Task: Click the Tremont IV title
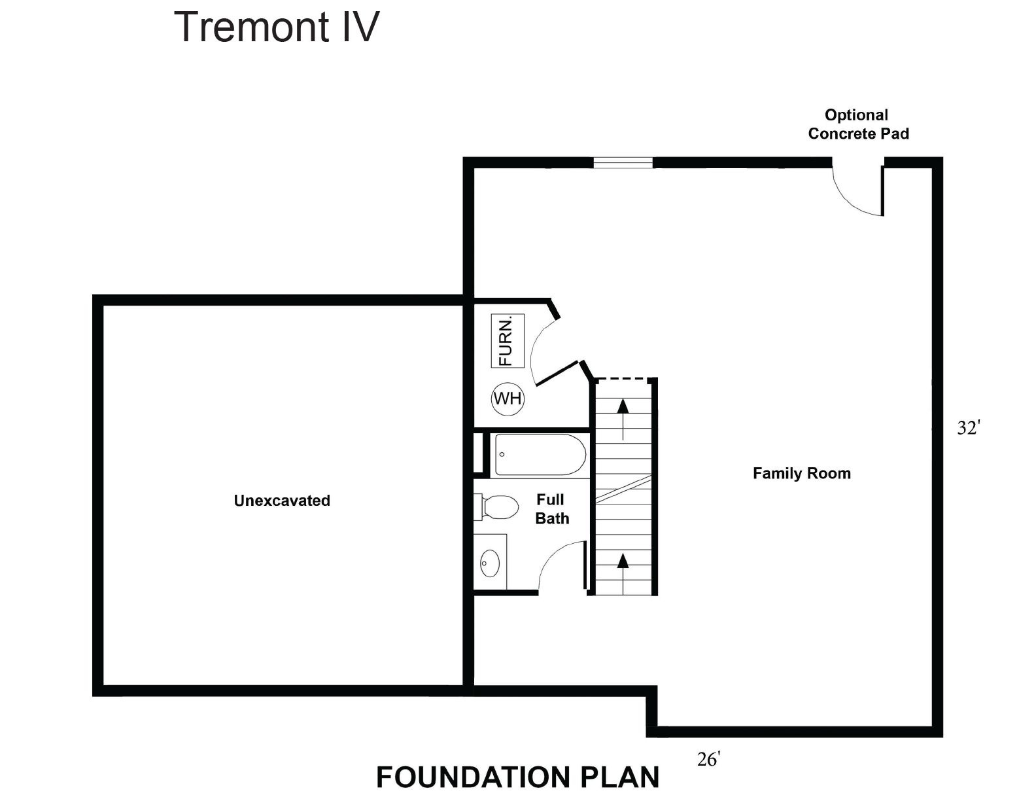(276, 27)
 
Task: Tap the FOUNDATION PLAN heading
(517, 777)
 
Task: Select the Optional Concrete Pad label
(857, 124)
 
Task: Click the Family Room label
(801, 473)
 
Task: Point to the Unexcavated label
(282, 501)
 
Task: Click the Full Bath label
(551, 509)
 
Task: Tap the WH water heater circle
(508, 398)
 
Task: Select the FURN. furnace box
(508, 341)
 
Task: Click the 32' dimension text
(969, 428)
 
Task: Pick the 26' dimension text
(708, 760)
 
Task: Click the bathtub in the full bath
(540, 454)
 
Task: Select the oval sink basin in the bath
(490, 562)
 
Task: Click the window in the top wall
(623, 163)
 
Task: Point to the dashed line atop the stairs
(625, 378)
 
